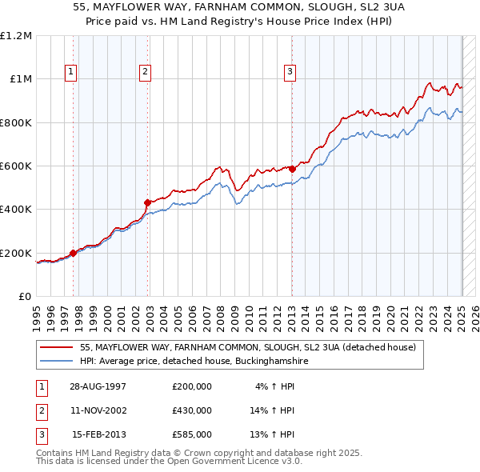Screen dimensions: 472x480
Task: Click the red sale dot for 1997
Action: (74, 253)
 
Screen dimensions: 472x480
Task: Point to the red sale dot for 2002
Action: (147, 202)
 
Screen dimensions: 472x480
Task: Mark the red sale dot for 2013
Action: (292, 169)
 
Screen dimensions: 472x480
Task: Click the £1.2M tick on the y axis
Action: (16, 36)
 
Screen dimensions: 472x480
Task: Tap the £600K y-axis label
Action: (16, 166)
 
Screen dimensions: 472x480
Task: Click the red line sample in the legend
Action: (57, 348)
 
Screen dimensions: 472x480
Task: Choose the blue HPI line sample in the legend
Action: (57, 362)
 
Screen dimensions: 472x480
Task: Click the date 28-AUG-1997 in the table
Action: (98, 386)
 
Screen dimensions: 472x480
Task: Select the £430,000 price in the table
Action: (192, 410)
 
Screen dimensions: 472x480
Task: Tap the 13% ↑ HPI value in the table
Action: (273, 434)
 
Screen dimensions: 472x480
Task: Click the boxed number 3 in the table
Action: (41, 434)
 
